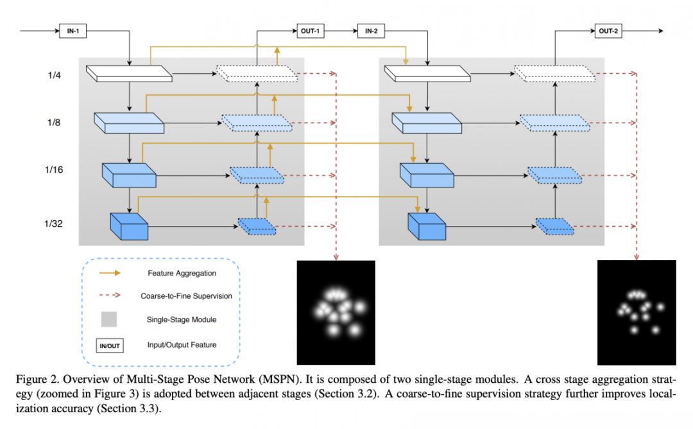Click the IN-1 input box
pos(73,31)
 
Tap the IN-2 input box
pos(372,31)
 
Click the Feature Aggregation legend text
pos(182,273)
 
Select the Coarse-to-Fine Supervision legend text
pos(186,296)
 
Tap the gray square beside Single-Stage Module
pos(109,319)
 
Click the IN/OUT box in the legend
pos(109,346)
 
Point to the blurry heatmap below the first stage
pos(335,312)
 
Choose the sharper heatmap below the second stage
pos(636,312)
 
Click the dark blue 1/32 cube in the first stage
pos(129,224)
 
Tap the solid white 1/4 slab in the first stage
pos(129,73)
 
